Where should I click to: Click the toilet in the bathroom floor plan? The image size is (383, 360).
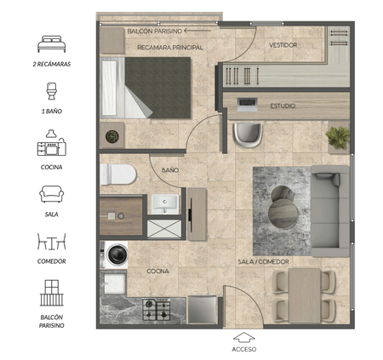(x=118, y=174)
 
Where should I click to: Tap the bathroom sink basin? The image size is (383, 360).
(x=165, y=204)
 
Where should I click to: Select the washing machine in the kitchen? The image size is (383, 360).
(x=117, y=254)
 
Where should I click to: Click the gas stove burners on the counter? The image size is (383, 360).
(x=157, y=309)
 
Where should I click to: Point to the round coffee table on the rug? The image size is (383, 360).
(x=283, y=208)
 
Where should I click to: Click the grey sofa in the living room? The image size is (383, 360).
(x=330, y=211)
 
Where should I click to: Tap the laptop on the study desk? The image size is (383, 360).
(x=248, y=105)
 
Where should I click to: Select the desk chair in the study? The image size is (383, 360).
(x=248, y=135)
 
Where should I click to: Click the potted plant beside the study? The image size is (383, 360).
(x=338, y=137)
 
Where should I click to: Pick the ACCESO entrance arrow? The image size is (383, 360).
(x=244, y=338)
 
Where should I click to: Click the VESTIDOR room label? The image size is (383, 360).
(x=283, y=45)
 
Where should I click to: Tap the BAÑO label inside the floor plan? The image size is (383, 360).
(x=170, y=170)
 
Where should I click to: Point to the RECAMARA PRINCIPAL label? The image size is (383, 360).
(x=170, y=48)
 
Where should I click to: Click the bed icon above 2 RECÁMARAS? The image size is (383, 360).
(x=52, y=44)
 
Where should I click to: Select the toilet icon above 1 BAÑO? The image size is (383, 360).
(x=52, y=91)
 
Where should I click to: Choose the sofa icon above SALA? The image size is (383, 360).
(x=52, y=194)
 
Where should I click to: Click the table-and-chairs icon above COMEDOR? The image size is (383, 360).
(x=52, y=242)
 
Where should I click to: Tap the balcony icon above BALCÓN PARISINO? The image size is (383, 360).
(x=52, y=293)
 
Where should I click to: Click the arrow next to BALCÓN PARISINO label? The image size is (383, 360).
(x=197, y=31)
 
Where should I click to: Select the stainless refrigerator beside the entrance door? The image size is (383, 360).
(x=203, y=310)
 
